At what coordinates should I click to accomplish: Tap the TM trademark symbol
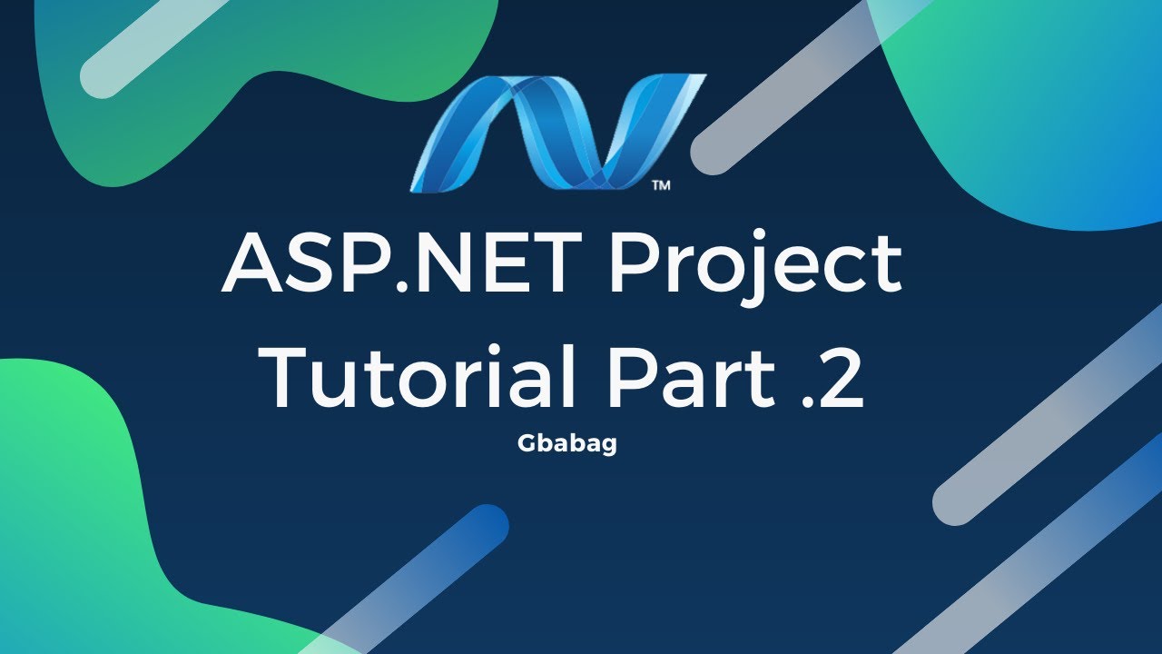[661, 185]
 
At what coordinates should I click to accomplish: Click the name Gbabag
[567, 445]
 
